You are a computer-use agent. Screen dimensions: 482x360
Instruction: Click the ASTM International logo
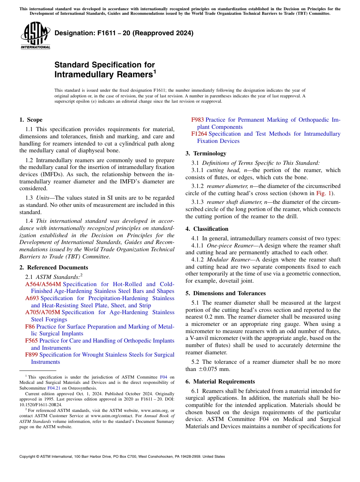coord(35,36)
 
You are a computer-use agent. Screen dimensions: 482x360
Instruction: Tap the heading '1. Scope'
coord(31,120)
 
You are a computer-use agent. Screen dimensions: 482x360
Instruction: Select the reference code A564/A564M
coord(43,284)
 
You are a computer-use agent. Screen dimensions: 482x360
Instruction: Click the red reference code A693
coord(32,298)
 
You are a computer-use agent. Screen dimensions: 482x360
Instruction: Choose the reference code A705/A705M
coord(42,312)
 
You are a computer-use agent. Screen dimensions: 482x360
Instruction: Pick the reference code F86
coord(30,327)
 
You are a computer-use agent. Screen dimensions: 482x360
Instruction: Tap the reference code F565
coord(31,341)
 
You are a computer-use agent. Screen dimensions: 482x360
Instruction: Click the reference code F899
coord(31,355)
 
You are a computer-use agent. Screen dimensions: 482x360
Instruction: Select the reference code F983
coord(197,120)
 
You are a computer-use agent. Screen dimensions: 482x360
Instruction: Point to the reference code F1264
coord(199,134)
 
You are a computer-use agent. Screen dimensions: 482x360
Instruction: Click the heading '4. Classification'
coord(207,229)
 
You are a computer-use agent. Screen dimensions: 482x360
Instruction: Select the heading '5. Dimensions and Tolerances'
coord(225,293)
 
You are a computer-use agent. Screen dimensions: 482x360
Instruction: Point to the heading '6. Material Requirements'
coord(220,382)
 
